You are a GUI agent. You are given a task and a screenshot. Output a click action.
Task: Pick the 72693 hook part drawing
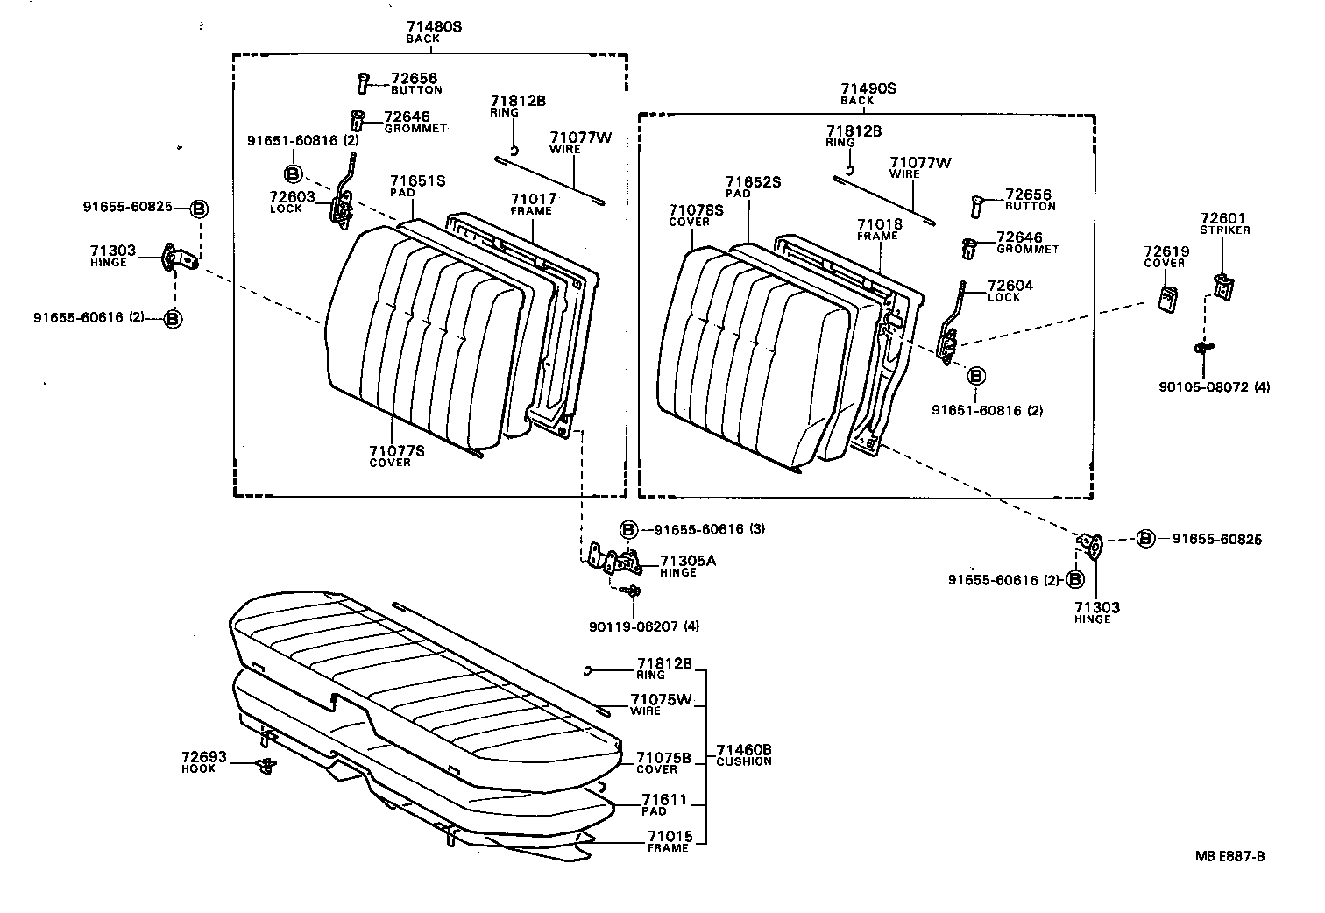coord(266,766)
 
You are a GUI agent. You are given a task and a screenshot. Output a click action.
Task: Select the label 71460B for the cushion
coord(743,749)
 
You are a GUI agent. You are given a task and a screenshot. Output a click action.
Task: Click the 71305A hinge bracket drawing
coord(617,561)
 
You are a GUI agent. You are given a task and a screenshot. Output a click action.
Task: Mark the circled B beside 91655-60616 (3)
coord(628,529)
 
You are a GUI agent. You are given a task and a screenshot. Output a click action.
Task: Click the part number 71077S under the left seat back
coord(396,450)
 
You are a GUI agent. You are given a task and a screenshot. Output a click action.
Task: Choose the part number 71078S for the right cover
coord(696,210)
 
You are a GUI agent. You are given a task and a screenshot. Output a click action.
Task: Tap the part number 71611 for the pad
coord(663,800)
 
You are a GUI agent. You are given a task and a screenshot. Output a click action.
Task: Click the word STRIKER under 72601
coord(1225,230)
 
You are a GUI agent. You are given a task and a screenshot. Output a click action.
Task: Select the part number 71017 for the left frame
coord(533,200)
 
